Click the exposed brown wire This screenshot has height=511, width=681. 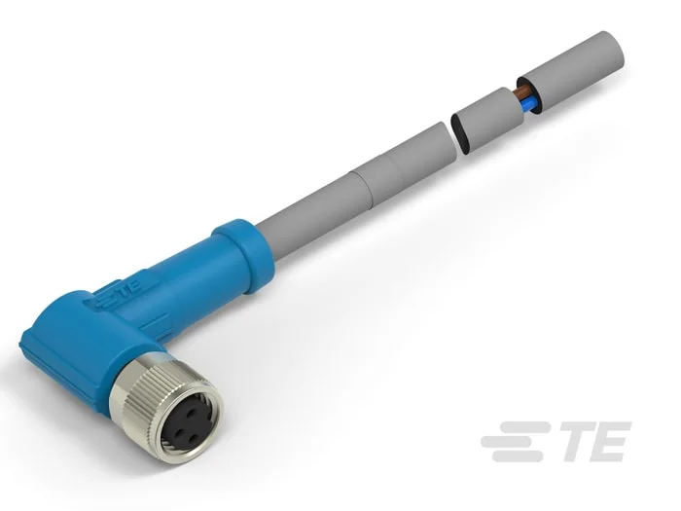523,93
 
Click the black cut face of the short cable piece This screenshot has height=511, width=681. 460,133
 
